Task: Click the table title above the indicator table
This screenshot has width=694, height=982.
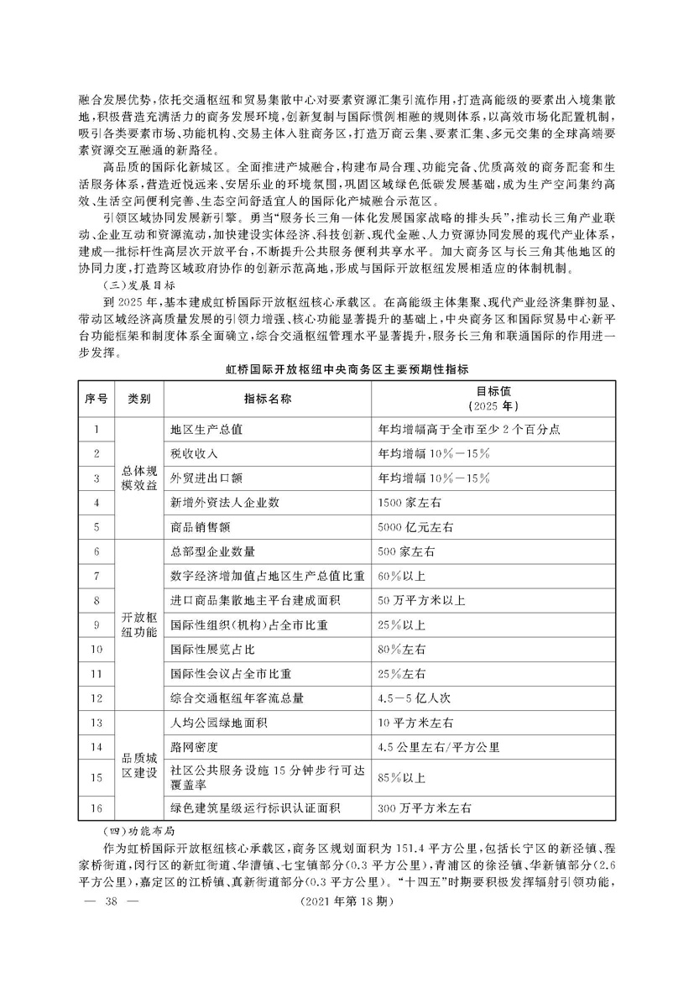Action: coord(347,368)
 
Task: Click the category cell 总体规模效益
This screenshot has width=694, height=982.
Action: coord(139,478)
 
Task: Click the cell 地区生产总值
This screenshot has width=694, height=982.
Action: coord(206,429)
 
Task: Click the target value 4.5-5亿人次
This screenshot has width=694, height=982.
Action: coord(415,697)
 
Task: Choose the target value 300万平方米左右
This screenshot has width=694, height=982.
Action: coord(425,807)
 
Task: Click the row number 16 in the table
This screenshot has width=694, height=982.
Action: coord(97,807)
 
